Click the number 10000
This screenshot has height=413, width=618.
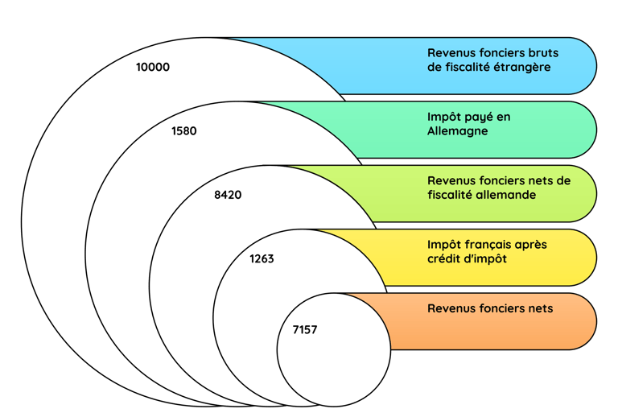pos(153,68)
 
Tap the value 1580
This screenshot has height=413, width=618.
pos(183,130)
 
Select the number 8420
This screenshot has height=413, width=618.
pos(228,195)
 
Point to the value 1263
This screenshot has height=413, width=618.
pos(262,258)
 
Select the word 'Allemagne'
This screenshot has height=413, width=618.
pos(457,131)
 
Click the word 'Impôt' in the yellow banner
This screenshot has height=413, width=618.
pos(444,244)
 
